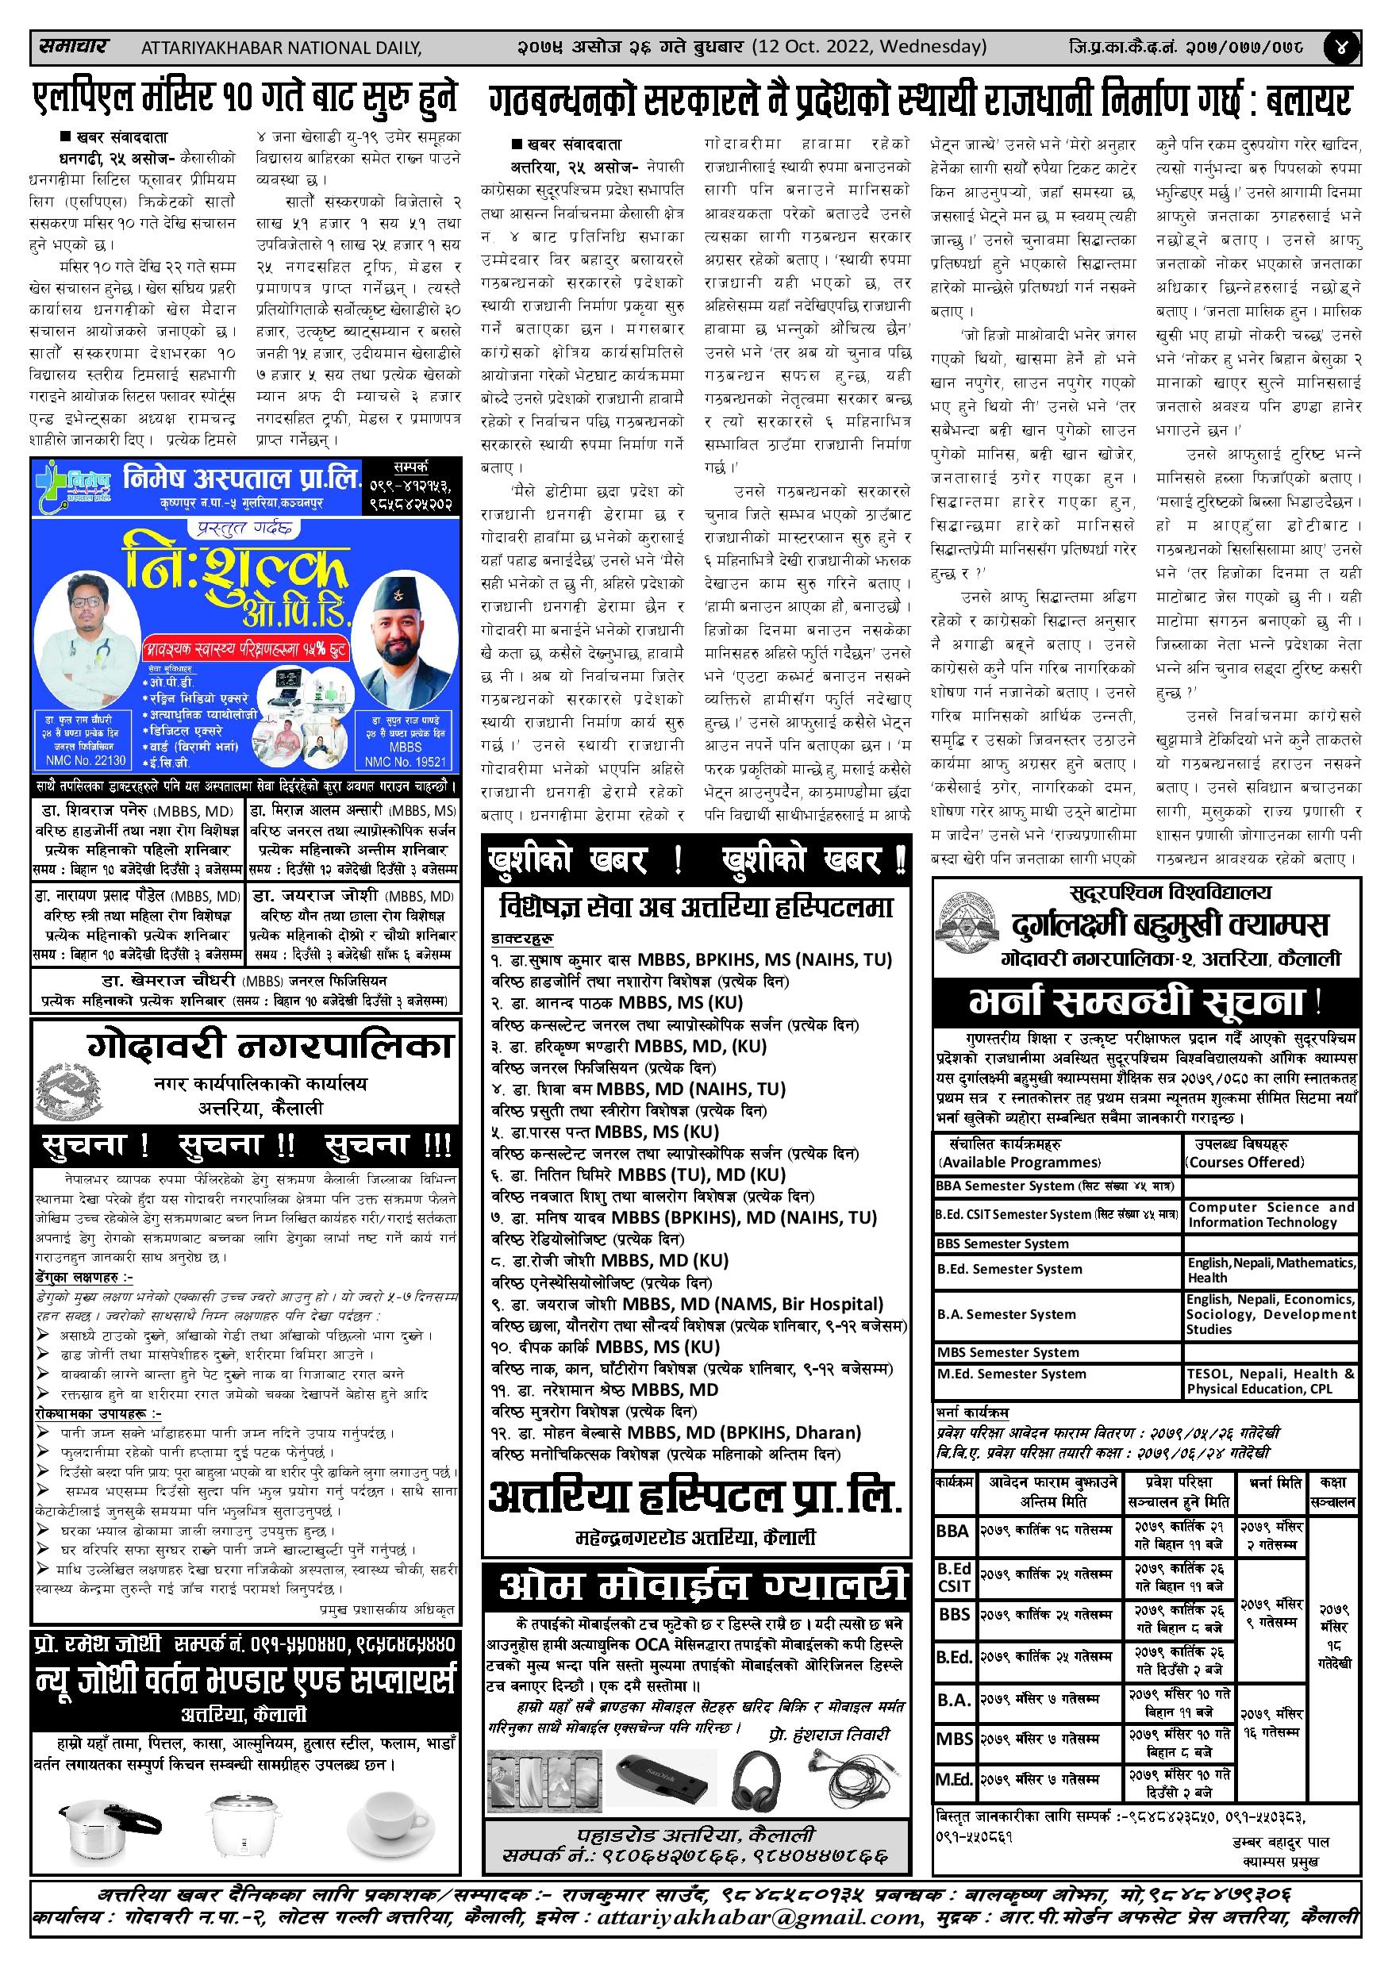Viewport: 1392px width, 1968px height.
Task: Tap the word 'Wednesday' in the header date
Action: click(x=932, y=46)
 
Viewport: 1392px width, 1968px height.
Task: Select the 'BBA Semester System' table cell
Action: click(x=1006, y=1186)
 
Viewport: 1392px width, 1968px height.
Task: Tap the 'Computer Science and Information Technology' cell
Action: click(x=1271, y=1213)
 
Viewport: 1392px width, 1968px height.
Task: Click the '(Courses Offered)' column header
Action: click(x=1244, y=1163)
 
